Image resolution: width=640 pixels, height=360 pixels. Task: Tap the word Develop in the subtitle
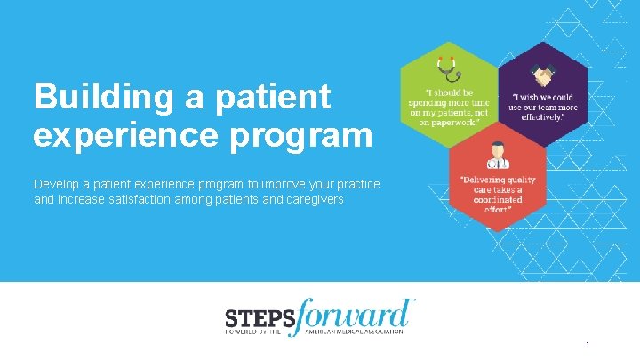(x=55, y=184)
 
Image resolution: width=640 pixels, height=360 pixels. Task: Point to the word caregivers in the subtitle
(x=315, y=200)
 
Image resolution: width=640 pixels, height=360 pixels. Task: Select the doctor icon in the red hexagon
(x=492, y=158)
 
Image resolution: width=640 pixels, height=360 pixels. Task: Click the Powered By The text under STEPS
(x=252, y=332)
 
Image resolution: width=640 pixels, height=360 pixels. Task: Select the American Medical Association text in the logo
(x=354, y=332)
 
